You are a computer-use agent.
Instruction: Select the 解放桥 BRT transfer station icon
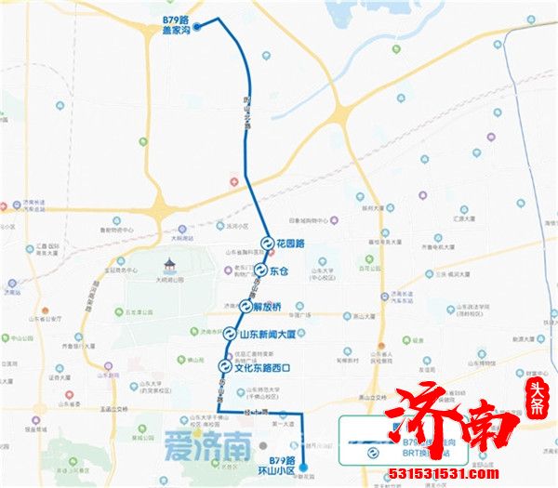pos(244,305)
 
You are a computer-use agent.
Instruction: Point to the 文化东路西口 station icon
pos(224,366)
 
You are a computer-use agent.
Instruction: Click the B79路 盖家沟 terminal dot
pos(196,27)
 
